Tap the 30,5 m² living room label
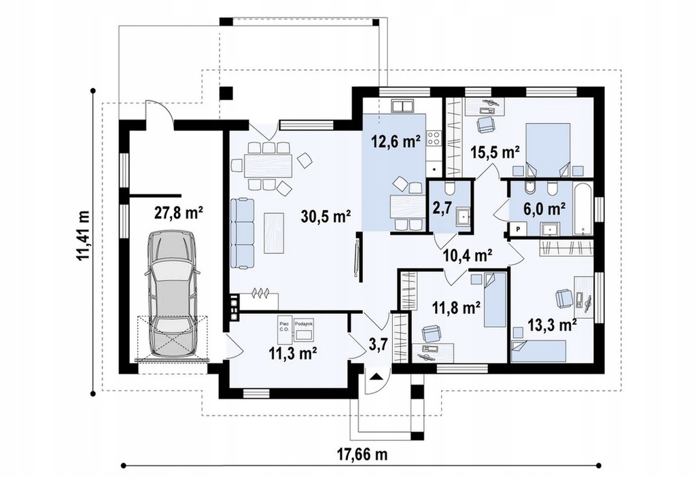326,217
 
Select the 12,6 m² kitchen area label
396,142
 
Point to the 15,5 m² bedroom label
495,153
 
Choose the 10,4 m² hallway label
468,255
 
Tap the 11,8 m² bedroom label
456,307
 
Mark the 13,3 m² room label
552,325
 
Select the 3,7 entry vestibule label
378,344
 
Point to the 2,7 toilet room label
440,207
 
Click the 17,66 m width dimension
362,442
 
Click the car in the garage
172,293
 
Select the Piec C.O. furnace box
284,330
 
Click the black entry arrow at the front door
376,376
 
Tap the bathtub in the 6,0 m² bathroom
582,208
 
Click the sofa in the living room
243,232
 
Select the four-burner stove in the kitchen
434,138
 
